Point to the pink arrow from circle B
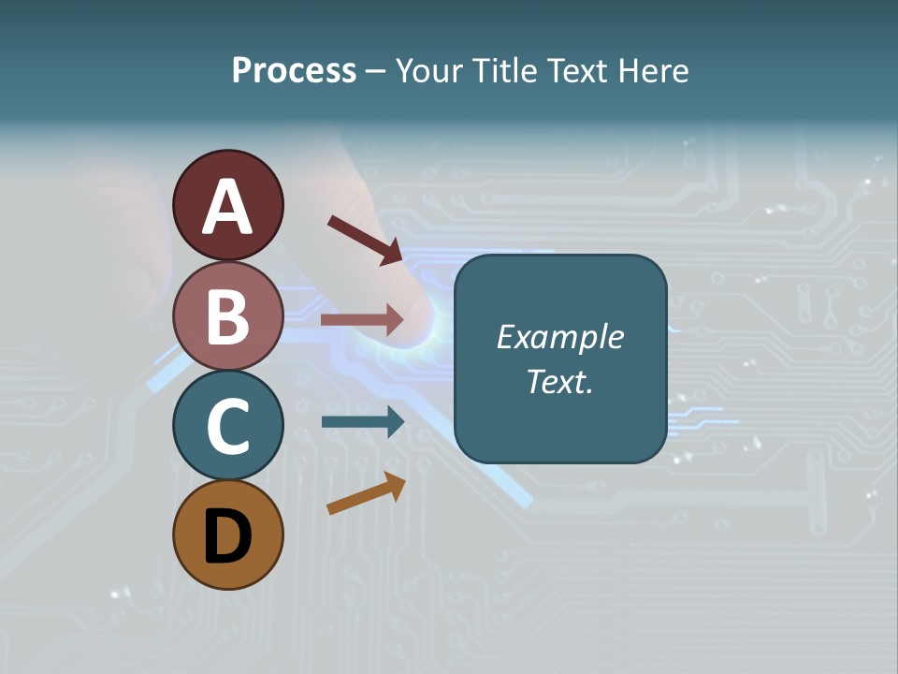point(362,320)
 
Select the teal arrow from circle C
point(362,421)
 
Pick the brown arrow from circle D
point(366,493)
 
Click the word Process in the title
point(294,71)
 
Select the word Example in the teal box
point(559,337)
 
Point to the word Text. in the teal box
point(559,382)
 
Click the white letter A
point(227,208)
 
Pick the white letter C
point(227,427)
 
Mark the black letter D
point(227,536)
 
